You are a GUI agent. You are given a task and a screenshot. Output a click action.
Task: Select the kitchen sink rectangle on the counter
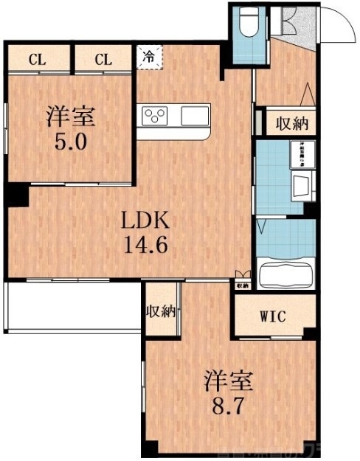195,115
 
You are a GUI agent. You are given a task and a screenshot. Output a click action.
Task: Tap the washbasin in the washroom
302,187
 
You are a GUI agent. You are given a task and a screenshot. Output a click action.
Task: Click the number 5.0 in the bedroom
72,139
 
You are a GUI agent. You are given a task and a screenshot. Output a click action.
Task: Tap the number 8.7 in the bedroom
229,406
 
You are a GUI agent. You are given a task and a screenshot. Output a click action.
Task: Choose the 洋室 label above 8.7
229,381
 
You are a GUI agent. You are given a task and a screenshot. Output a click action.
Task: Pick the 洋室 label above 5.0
72,116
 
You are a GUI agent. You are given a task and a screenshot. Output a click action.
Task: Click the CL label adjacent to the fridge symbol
103,59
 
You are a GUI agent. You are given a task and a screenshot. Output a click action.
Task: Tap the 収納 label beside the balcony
162,311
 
